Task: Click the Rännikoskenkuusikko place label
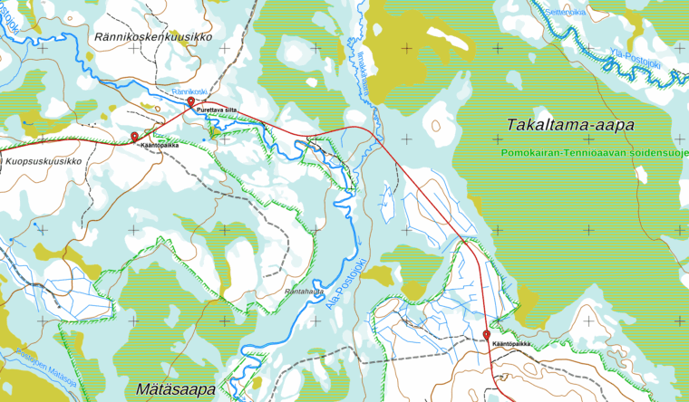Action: click(x=154, y=36)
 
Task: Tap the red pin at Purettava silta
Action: click(x=190, y=103)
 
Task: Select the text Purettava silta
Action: click(x=217, y=110)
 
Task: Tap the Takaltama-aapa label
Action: click(x=570, y=124)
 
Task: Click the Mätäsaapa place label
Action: click(x=175, y=389)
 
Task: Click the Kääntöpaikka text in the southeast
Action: click(x=510, y=344)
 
